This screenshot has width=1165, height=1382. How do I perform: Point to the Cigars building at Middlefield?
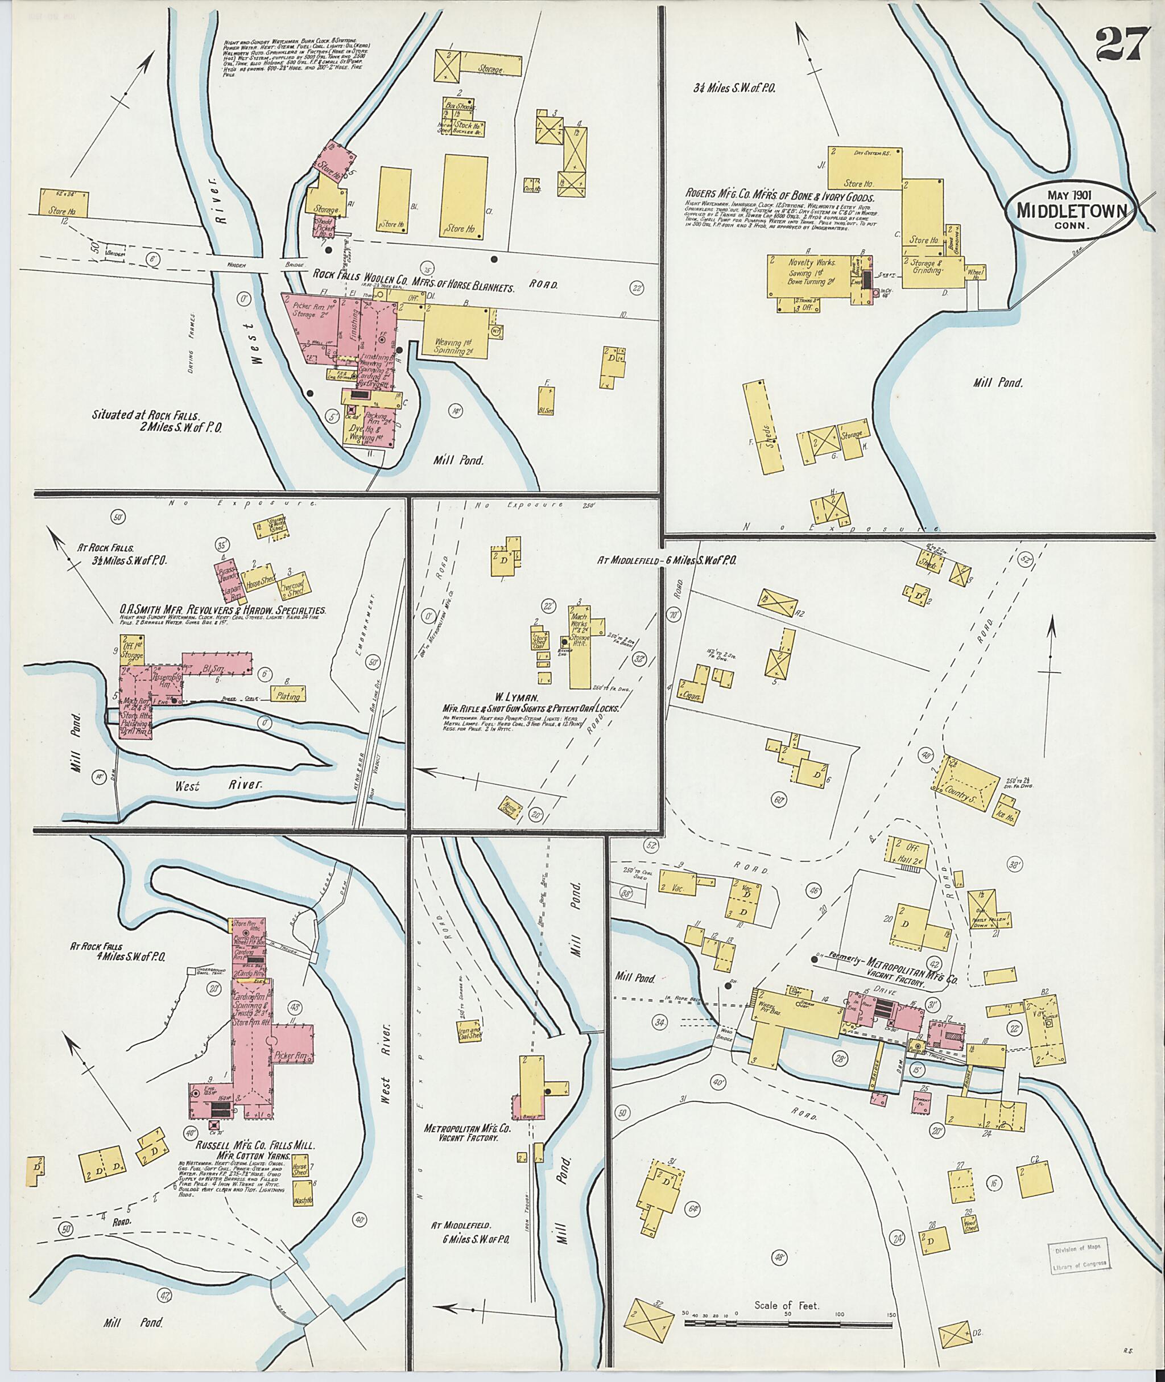coord(692,692)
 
